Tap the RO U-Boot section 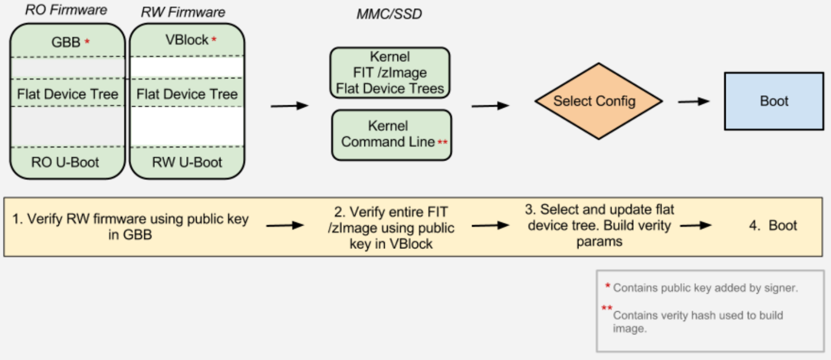[65, 162]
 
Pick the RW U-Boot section [187, 162]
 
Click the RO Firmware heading [66, 10]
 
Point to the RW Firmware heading [183, 12]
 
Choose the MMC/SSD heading [389, 15]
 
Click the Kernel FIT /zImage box [390, 73]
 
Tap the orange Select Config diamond [599, 101]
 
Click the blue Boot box [774, 101]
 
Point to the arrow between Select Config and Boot [694, 101]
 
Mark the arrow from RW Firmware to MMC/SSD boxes [289, 105]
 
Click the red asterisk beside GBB [87, 41]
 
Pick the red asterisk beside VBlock [214, 40]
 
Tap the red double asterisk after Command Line [442, 141]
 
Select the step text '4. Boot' [773, 226]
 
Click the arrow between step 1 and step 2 [285, 226]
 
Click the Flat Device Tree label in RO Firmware [68, 94]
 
